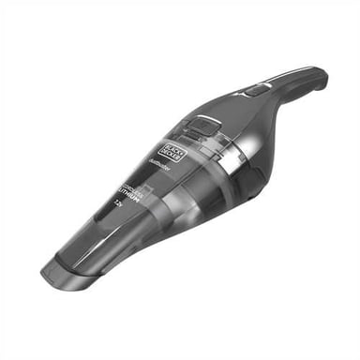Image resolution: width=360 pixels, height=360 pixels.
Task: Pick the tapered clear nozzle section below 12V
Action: pos(94,230)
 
